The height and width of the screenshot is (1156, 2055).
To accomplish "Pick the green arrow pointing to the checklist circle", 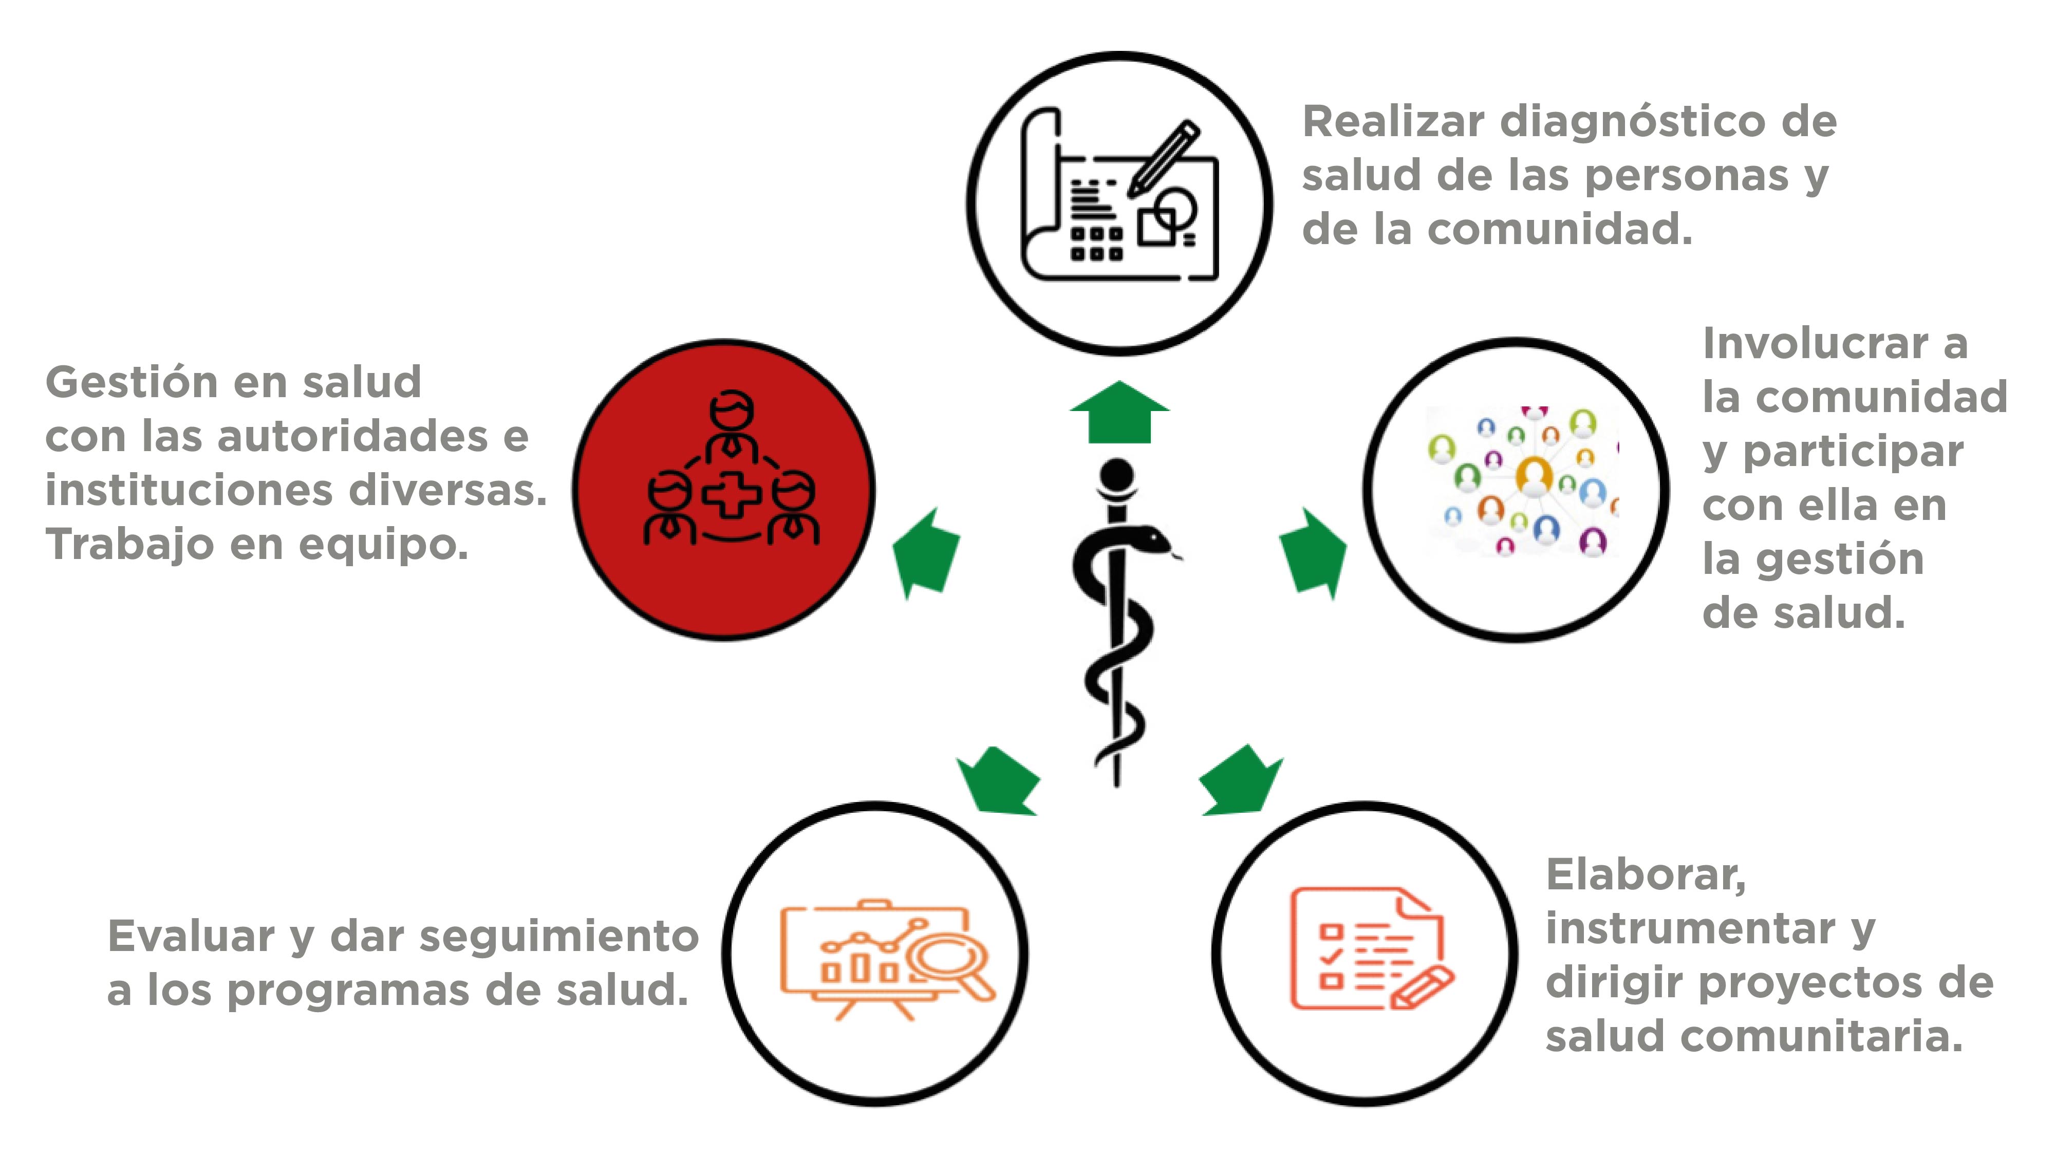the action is click(1241, 780).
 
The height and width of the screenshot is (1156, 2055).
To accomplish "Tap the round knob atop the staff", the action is click(1117, 475).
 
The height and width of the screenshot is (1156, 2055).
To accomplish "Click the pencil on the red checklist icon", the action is click(1423, 987).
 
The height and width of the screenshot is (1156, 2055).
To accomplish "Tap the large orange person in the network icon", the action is click(1533, 475).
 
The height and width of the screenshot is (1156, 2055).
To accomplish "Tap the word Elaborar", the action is click(1646, 876).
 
